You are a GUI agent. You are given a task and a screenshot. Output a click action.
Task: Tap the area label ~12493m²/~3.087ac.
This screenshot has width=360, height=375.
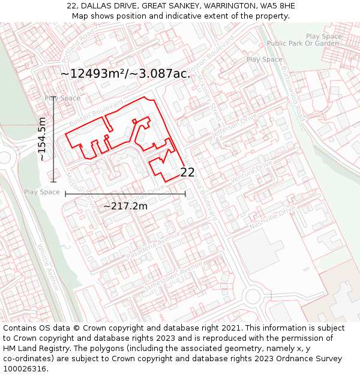click(125, 74)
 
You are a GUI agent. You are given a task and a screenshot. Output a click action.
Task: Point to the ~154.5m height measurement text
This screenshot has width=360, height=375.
click(42, 139)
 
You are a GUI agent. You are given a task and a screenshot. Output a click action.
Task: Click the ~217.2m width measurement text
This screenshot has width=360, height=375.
click(125, 206)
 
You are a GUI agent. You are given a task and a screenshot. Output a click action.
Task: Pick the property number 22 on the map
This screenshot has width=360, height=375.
click(187, 172)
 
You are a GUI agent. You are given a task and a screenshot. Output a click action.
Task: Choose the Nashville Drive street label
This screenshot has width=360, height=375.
click(274, 217)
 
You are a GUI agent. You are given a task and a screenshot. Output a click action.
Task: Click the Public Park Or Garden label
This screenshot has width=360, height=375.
click(303, 44)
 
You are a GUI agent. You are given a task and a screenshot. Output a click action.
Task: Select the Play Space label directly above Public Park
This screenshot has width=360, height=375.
click(323, 37)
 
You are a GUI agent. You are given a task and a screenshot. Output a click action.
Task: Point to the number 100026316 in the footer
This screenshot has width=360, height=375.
click(25, 368)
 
